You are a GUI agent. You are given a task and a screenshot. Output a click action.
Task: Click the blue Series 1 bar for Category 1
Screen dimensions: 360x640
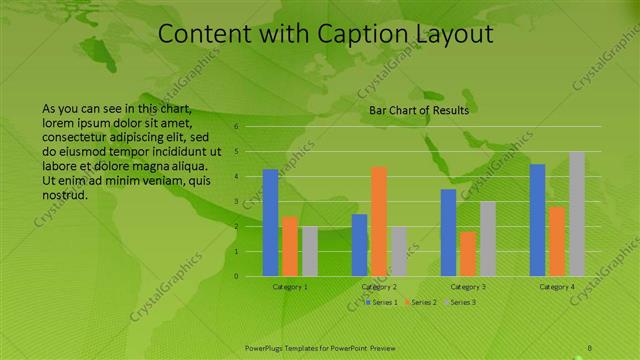point(270,223)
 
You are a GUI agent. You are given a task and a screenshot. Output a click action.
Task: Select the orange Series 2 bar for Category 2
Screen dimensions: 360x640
point(379,221)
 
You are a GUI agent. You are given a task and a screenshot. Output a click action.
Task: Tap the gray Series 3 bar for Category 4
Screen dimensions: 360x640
point(576,214)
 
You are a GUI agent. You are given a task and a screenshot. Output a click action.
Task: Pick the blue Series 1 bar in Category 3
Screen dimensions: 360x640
point(448,232)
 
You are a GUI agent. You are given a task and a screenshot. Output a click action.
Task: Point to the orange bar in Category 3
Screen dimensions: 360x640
point(467,254)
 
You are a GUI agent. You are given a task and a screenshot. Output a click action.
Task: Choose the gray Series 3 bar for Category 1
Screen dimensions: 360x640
point(309,251)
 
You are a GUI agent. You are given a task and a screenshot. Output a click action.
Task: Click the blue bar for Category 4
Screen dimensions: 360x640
point(537,220)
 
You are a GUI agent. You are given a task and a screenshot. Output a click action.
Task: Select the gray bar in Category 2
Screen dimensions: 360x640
point(398,251)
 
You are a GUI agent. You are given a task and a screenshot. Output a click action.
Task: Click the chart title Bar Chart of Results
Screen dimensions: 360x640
point(419,110)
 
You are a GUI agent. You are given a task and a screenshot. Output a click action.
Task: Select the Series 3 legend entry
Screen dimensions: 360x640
point(462,301)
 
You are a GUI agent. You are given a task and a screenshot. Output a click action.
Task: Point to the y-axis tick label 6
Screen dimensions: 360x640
point(237,127)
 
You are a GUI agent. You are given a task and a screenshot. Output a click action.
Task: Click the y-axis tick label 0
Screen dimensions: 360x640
point(237,276)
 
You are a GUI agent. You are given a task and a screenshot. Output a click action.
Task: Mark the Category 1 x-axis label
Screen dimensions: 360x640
point(290,287)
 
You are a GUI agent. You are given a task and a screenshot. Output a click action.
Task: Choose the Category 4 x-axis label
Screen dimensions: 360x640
point(557,287)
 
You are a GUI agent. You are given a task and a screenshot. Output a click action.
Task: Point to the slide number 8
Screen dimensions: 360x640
point(590,348)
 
